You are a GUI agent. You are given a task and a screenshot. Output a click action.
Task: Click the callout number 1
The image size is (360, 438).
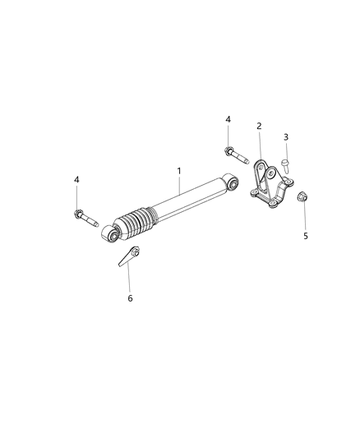pyautogui.click(x=178, y=171)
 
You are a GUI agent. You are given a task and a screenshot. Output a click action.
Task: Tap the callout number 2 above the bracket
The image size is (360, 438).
pyautogui.click(x=259, y=126)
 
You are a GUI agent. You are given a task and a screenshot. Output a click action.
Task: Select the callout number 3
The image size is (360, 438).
pyautogui.click(x=286, y=136)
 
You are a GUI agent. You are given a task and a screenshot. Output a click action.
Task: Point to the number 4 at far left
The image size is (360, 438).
pyautogui.click(x=76, y=179)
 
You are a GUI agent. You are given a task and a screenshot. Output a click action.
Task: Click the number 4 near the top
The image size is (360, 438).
pyautogui.click(x=228, y=119)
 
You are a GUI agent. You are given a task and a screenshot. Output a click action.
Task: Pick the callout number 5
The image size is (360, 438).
pyautogui.click(x=306, y=235)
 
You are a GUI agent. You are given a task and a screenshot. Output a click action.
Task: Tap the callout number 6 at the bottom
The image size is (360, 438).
pyautogui.click(x=129, y=298)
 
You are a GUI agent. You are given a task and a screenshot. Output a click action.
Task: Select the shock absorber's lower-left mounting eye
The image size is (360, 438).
pyautogui.click(x=111, y=237)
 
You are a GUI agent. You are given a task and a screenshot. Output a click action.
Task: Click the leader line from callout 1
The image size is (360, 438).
pyautogui.click(x=178, y=185)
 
